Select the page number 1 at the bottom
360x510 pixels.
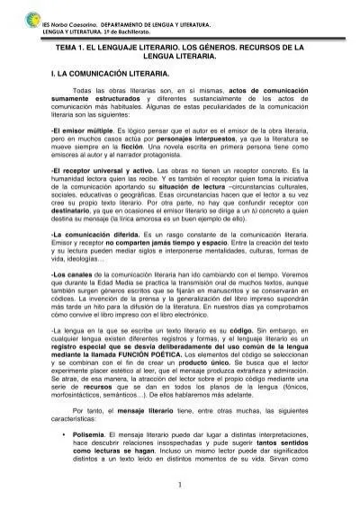180,487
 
